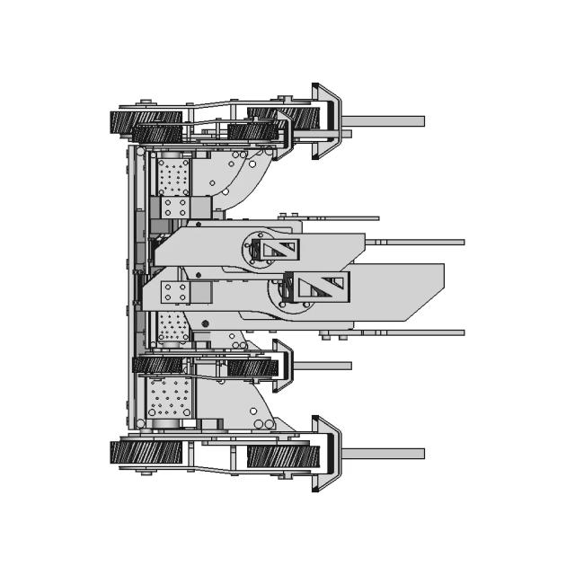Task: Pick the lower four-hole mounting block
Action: pyautogui.click(x=176, y=292)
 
